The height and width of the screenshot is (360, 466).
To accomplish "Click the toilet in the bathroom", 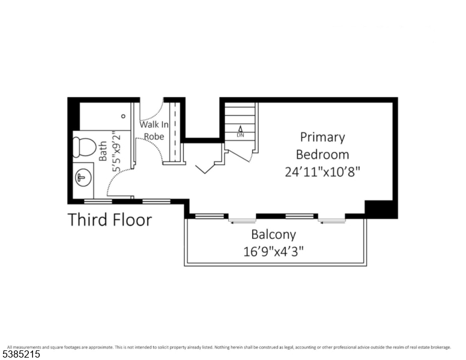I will coord(83,146).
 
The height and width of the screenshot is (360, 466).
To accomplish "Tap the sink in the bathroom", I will coord(82,178).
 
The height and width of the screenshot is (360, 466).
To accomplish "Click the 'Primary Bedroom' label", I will coord(322,145).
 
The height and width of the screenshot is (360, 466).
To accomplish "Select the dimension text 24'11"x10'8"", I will coord(322,171).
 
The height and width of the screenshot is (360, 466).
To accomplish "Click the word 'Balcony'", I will coord(273,234).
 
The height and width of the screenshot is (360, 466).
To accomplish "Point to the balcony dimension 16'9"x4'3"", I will coord(273,251).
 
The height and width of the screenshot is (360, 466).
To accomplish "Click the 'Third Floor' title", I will coord(110,219).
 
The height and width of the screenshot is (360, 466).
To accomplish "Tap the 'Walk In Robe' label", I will coord(154,130).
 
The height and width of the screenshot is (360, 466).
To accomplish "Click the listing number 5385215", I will coord(22,354).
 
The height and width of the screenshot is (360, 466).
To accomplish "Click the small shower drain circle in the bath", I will coord(124,116).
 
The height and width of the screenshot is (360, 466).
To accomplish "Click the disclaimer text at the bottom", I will coord(228,347).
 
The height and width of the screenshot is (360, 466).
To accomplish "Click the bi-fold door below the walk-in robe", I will coord(207,165).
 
